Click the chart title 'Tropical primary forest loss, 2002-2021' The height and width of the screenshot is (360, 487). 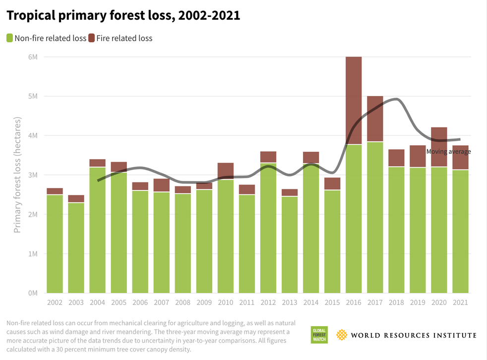[123, 15]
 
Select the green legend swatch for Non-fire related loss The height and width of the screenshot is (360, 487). [9, 38]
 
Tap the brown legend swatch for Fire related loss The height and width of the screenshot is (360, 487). [91, 38]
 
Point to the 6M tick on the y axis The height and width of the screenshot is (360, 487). [33, 57]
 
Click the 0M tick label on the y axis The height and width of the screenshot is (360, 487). [33, 293]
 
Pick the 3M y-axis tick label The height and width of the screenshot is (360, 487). [33, 175]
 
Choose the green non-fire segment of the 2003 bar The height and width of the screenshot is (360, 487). [76, 248]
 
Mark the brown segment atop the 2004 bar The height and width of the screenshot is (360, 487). [97, 163]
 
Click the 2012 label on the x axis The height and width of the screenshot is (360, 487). [268, 302]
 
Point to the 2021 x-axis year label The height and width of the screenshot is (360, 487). [460, 302]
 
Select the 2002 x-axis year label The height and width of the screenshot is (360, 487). [55, 302]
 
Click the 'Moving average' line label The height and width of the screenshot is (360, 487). [448, 152]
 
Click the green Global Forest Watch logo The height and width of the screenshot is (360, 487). [318, 335]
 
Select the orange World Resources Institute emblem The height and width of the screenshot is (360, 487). [342, 335]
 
